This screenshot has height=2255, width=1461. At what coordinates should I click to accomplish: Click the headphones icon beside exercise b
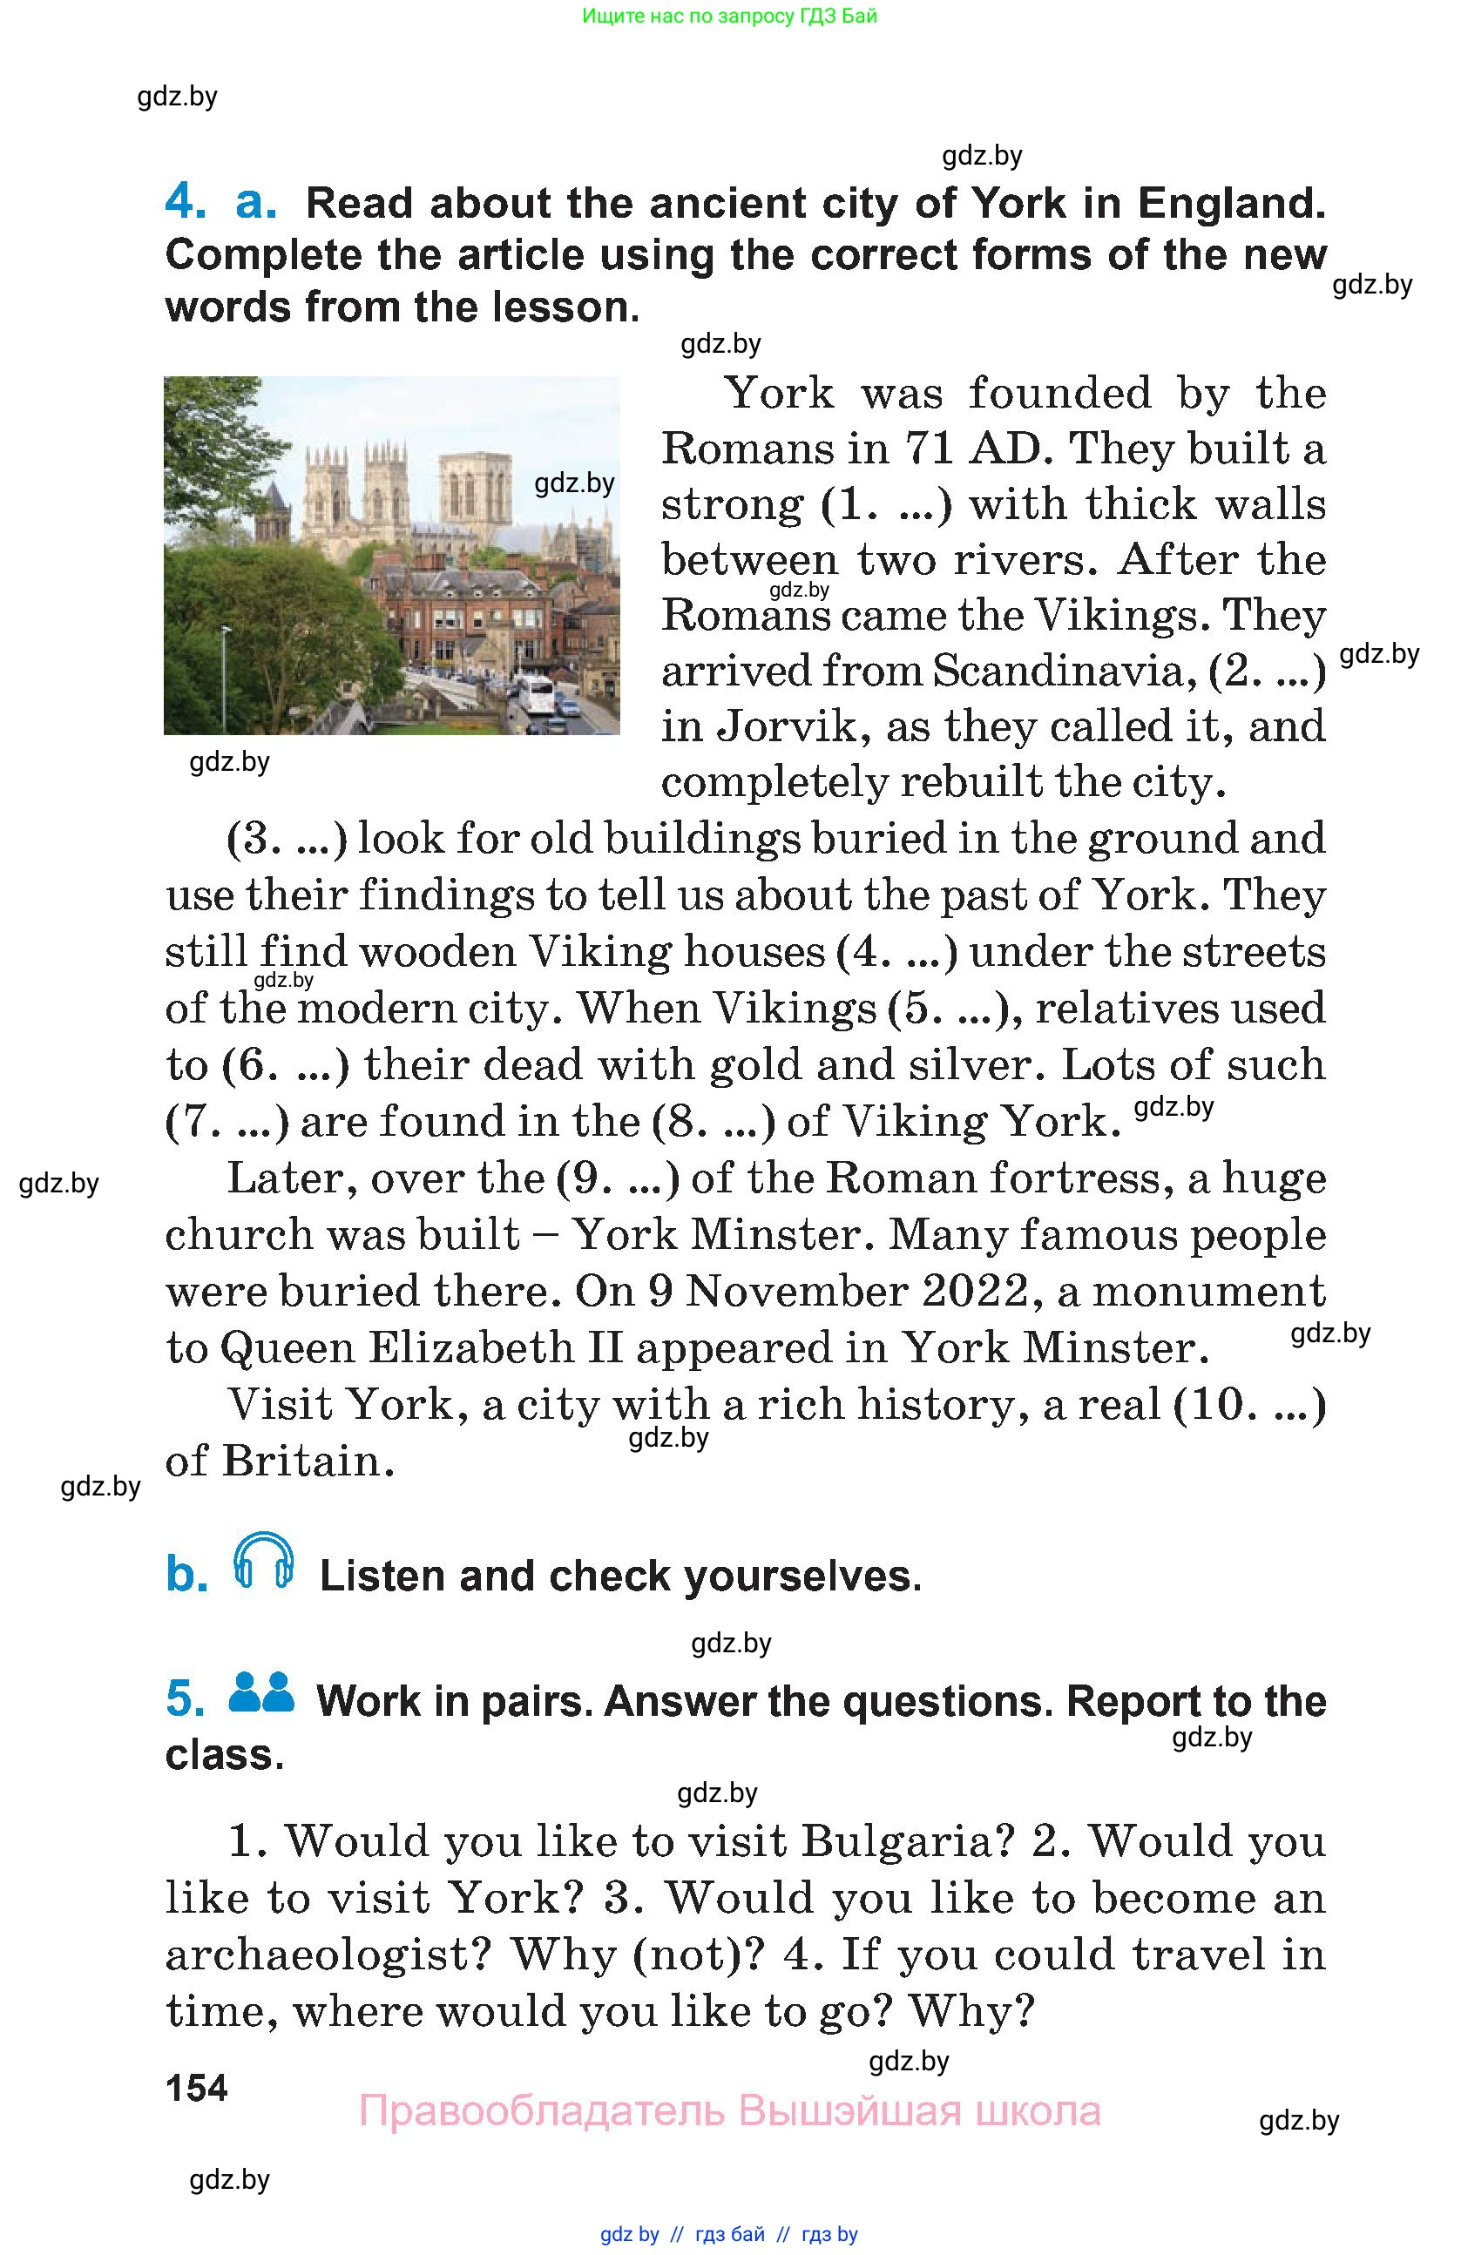[262, 1560]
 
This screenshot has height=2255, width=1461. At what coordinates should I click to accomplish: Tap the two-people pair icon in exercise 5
[261, 1692]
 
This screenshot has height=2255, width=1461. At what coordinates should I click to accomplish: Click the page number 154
[196, 2087]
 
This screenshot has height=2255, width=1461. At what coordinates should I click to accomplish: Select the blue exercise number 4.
[185, 202]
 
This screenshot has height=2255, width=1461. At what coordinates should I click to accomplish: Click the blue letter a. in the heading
[256, 202]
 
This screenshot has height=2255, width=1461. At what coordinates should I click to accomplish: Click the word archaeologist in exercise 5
[326, 1954]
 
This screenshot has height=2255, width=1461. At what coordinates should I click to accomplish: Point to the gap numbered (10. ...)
[1248, 1404]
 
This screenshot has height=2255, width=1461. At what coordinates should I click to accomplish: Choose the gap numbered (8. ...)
[714, 1122]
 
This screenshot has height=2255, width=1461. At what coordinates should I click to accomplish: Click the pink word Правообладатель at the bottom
[541, 2111]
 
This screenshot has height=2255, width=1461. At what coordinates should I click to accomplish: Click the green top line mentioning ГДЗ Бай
[729, 15]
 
